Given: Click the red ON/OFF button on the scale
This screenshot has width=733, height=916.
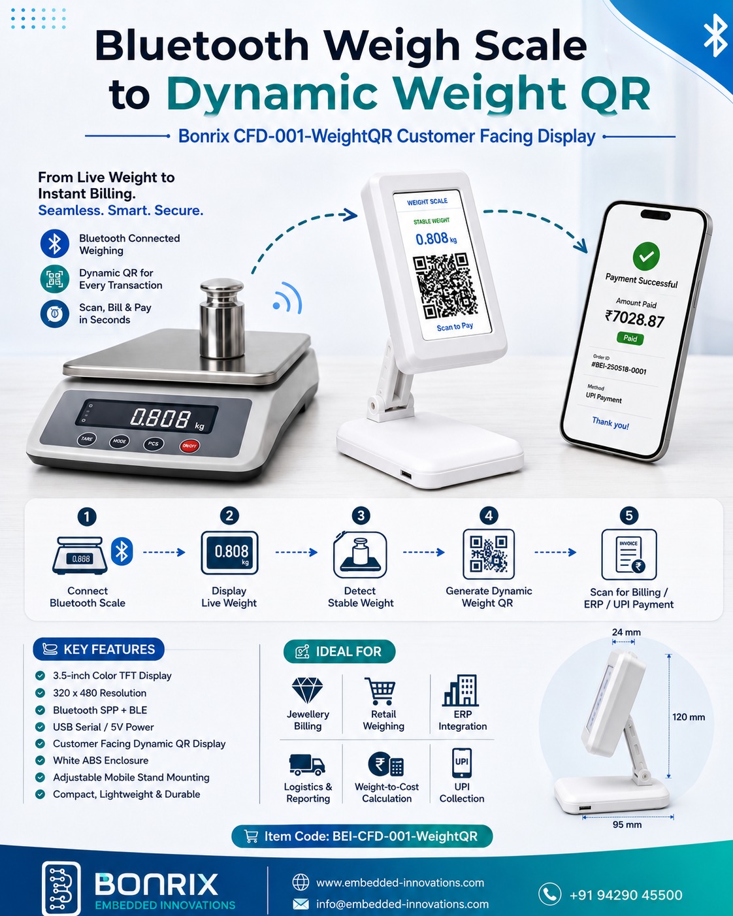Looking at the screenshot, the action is tap(189, 446).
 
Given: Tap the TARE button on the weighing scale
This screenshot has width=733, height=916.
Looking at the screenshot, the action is tap(86, 439).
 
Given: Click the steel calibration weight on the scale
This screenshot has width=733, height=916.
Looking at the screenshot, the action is tap(221, 318).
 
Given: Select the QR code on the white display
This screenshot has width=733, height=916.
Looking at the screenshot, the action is tap(446, 286).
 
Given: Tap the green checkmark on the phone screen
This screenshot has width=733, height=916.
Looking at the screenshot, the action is tap(646, 256).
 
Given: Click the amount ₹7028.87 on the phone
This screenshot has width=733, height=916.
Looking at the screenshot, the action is tap(634, 319).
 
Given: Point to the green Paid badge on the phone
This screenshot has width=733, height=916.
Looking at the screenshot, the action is tap(630, 338).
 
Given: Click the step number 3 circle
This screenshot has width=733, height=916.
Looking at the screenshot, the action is tap(361, 516).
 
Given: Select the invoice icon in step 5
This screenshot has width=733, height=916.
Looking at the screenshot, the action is tap(628, 554).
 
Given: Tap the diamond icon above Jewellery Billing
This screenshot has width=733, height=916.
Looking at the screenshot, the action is tap(307, 690).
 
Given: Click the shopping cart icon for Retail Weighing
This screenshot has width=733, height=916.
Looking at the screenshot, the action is tap(381, 691).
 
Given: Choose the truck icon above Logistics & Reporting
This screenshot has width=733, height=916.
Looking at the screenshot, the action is tap(307, 764).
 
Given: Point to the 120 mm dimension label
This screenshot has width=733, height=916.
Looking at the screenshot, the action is tap(689, 717).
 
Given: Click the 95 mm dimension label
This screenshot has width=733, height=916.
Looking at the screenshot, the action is tap(627, 825).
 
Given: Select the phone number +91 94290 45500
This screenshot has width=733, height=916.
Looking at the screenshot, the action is tap(626, 894).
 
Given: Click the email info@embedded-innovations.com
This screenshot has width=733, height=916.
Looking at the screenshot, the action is tap(402, 904).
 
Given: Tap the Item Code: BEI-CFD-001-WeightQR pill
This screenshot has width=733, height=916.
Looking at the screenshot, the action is tap(362, 836).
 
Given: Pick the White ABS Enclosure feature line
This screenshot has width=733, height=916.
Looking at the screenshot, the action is tap(101, 761).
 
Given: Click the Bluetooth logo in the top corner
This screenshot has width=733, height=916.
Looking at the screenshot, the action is tap(715, 35).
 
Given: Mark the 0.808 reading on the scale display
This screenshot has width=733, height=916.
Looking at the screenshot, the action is tap(160, 417).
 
